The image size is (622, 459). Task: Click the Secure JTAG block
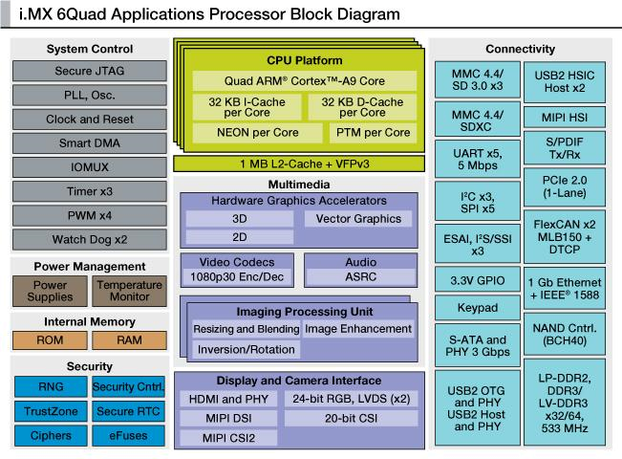pyautogui.click(x=87, y=71)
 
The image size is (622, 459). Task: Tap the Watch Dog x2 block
pyautogui.click(x=87, y=239)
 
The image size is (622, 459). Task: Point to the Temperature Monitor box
pyautogui.click(x=128, y=291)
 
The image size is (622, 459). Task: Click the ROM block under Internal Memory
pyautogui.click(x=50, y=339)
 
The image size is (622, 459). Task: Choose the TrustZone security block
pyautogui.click(x=50, y=412)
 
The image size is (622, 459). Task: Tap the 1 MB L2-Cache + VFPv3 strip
pyautogui.click(x=298, y=164)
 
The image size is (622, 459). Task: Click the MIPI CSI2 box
pyautogui.click(x=241, y=438)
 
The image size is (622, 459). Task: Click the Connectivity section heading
pyautogui.click(x=520, y=49)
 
